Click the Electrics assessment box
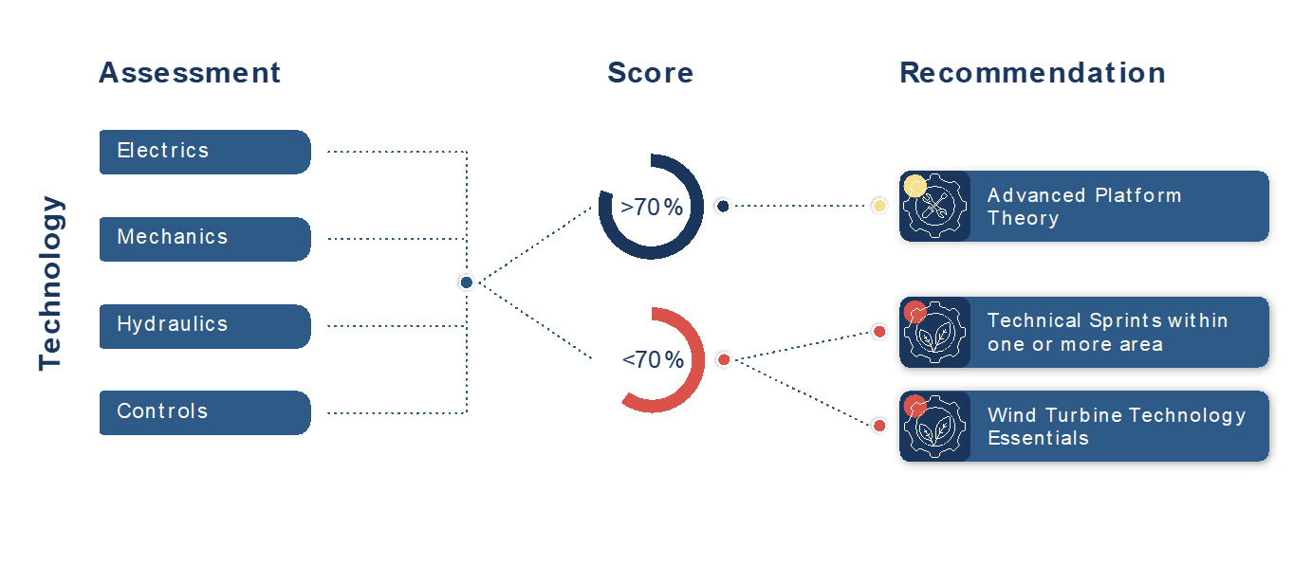click(x=204, y=152)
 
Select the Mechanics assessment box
click(x=204, y=239)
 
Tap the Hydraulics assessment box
click(x=204, y=326)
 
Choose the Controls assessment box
click(x=204, y=412)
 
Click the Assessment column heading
click(x=190, y=73)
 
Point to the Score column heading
click(x=650, y=73)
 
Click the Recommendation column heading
click(x=1032, y=73)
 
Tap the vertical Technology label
click(x=51, y=282)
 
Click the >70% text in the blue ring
click(x=652, y=207)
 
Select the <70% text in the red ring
click(x=653, y=360)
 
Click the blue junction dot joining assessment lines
click(x=466, y=282)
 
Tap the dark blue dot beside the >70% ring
click(x=723, y=206)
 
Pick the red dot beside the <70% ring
click(x=724, y=359)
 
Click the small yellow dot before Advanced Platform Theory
click(x=879, y=206)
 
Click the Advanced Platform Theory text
click(x=1083, y=207)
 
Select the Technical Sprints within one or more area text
click(x=1107, y=332)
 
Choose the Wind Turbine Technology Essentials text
click(x=1116, y=426)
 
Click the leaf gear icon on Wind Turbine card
click(x=936, y=428)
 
